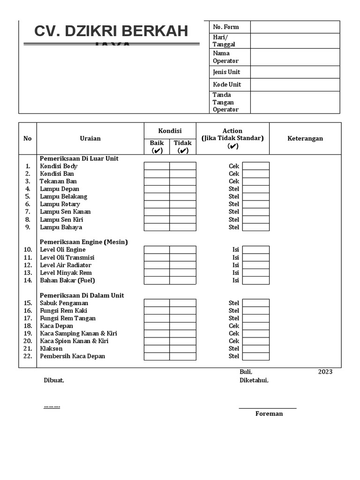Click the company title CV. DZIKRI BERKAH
[111, 31]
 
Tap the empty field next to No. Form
[294, 27]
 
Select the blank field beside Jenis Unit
[294, 72]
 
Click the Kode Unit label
[227, 84]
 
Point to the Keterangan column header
[305, 138]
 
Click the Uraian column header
[90, 138]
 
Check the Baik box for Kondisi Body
[157, 166]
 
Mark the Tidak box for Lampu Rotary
[183, 204]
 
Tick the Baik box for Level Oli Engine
[157, 250]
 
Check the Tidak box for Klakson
[183, 349]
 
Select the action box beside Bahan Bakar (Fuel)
[255, 280]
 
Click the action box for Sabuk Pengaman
[255, 303]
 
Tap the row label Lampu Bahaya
[61, 227]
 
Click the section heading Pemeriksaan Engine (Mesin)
[84, 242]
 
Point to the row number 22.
[28, 356]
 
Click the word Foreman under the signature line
[269, 414]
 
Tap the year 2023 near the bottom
[325, 372]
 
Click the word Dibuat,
[54, 381]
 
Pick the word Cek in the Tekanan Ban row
[234, 181]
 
